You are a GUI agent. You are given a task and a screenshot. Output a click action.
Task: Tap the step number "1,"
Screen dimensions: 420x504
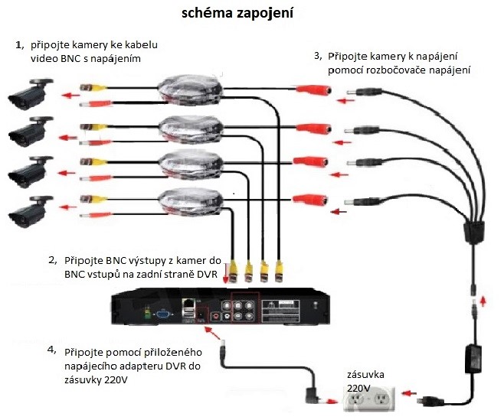click(20, 46)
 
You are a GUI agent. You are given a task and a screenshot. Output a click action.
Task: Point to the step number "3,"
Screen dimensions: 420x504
click(319, 57)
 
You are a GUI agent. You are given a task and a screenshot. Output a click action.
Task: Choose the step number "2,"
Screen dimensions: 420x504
click(53, 260)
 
